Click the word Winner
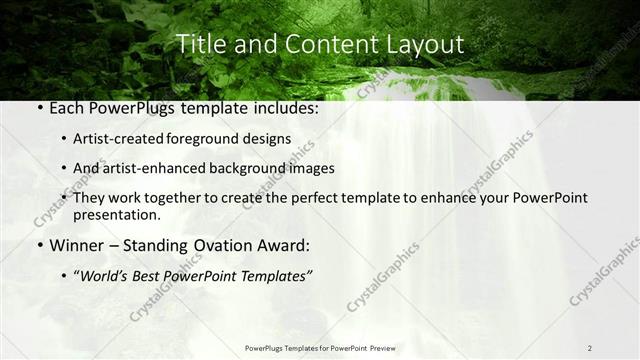coord(77,244)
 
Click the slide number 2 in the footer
coord(589,348)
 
